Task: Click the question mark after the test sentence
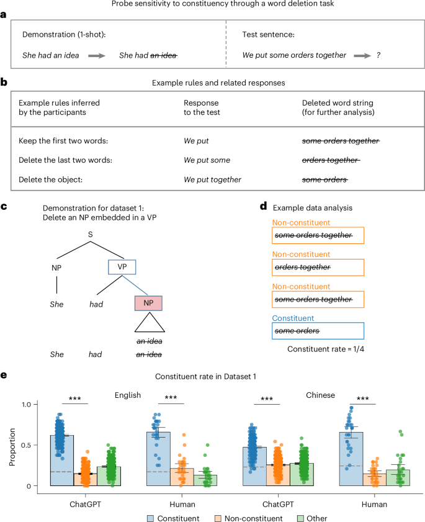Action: coord(378,55)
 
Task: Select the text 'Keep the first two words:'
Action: coord(60,140)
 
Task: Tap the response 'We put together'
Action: coord(213,180)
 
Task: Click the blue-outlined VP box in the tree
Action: coord(122,268)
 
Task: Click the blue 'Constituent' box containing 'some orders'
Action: coord(318,331)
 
